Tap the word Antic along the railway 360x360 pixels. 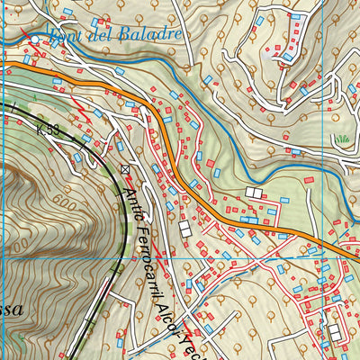132,192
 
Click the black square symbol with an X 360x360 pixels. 125,168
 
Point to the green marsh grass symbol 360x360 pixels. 342,139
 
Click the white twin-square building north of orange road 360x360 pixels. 255,193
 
